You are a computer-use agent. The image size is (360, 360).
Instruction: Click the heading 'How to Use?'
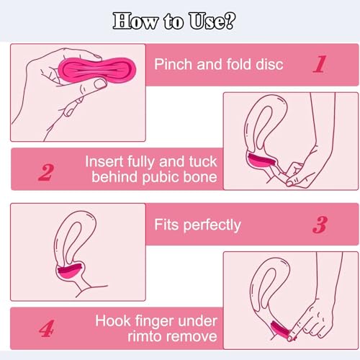click(x=179, y=19)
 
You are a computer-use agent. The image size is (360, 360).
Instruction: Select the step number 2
click(x=45, y=172)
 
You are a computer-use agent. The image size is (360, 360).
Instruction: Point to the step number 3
click(x=320, y=225)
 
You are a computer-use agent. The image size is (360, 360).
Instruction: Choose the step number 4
click(x=45, y=330)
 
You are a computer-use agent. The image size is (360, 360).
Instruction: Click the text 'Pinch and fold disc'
click(x=219, y=63)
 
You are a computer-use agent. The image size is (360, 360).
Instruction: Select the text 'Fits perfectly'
click(x=197, y=225)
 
